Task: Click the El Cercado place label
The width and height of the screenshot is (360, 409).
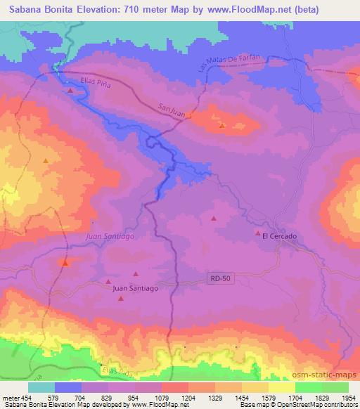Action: [280, 237]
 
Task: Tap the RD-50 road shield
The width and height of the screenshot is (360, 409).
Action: [220, 279]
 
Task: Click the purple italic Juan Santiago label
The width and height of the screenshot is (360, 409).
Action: [110, 237]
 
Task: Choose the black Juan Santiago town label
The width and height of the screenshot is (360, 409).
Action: [135, 288]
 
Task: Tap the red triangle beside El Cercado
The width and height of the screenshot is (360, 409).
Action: [258, 233]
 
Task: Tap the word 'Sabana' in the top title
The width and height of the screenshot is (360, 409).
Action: [27, 10]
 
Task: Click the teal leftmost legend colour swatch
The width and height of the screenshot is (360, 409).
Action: [41, 387]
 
